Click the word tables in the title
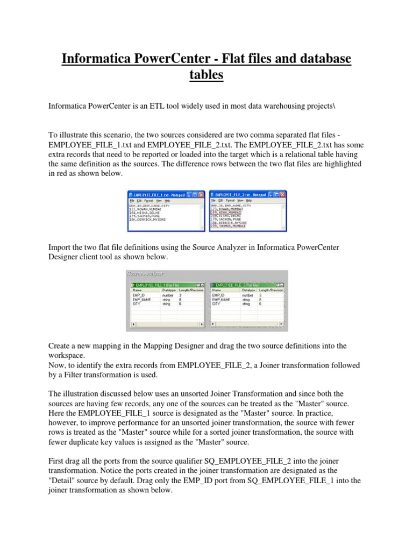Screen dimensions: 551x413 (x=206, y=75)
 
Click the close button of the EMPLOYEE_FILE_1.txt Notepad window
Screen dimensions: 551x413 (x=202, y=194)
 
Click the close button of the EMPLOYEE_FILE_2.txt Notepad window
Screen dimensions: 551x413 (x=283, y=194)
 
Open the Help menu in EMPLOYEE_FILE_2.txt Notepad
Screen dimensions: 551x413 (x=249, y=200)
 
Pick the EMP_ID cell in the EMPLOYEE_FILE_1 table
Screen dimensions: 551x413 (x=138, y=295)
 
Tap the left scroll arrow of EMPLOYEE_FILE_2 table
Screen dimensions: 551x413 (x=212, y=324)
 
